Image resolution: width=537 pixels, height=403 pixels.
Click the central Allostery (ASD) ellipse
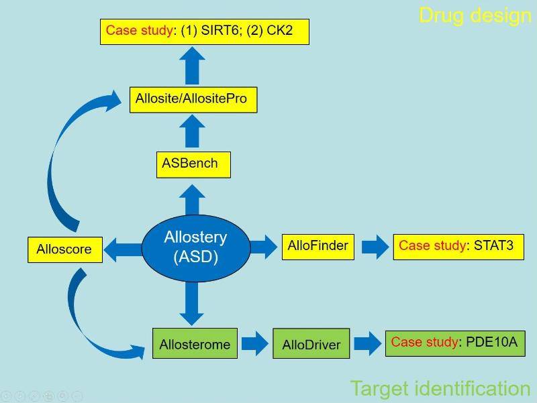(195, 246)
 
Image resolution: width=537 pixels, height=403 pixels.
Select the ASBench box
(193, 164)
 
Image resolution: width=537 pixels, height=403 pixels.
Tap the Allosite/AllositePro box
(193, 99)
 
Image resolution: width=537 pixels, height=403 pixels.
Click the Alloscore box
(65, 249)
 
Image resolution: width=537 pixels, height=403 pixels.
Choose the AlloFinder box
(318, 246)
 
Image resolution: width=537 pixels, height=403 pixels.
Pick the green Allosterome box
(195, 345)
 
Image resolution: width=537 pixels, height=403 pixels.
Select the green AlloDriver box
(311, 345)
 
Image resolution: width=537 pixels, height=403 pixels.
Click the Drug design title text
(475, 15)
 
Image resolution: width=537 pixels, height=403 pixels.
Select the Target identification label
(440, 388)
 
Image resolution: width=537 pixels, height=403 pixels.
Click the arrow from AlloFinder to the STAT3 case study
(374, 247)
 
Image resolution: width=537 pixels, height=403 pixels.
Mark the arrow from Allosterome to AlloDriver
(254, 345)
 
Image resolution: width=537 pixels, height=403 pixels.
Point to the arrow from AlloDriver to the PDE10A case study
(367, 343)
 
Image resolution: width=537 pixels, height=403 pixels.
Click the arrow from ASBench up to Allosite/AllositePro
(193, 131)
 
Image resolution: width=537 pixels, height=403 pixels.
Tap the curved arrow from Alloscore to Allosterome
(87, 315)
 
